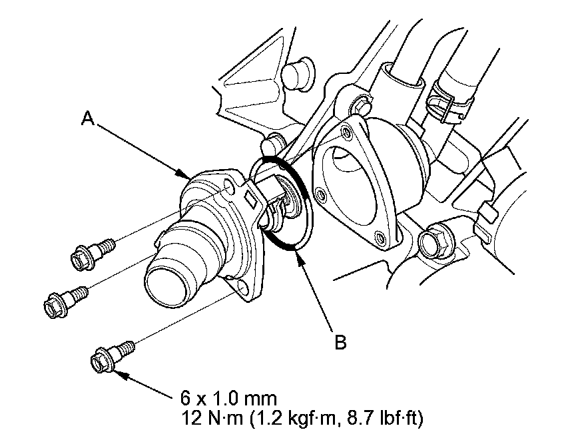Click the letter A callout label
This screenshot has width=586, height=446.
[x=87, y=119]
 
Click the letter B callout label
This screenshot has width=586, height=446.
[x=340, y=342]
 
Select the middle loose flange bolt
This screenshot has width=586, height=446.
[x=64, y=300]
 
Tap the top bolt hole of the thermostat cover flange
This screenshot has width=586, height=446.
[x=230, y=191]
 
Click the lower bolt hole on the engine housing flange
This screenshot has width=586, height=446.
[x=379, y=238]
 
